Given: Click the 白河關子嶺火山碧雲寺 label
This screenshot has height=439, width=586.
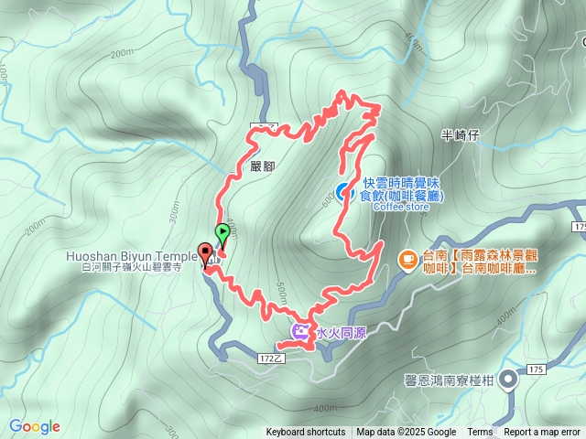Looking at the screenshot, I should [132, 267].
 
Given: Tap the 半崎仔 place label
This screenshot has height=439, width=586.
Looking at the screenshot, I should [461, 135].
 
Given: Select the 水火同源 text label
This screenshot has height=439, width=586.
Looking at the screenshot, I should [341, 333].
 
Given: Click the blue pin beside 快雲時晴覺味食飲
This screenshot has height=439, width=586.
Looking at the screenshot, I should [341, 191].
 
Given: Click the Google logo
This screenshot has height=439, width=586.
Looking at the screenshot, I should [35, 426].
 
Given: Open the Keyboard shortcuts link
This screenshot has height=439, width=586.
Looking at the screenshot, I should [306, 433].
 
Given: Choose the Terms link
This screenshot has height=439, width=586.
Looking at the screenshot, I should [480, 433].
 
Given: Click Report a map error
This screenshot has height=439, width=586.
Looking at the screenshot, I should [543, 433].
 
